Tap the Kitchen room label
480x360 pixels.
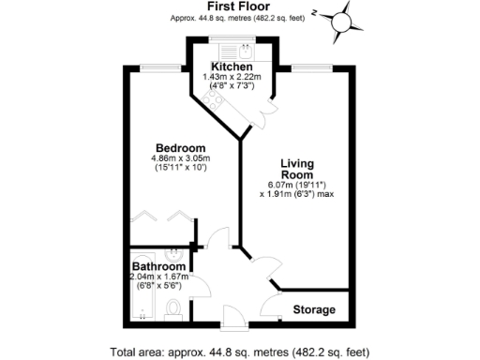tap(229, 67)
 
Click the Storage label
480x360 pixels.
tap(314, 309)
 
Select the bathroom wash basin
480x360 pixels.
tap(174, 256)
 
